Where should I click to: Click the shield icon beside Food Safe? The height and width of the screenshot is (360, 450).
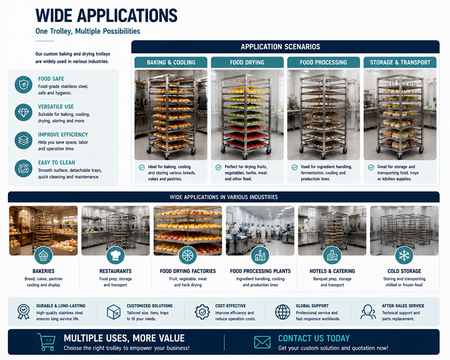coord(24,85)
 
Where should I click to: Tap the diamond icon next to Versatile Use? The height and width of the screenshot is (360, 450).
coord(24,112)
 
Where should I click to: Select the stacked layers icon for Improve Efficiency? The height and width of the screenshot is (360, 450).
coord(24,141)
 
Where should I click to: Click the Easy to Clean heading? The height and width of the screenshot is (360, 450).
coord(57,163)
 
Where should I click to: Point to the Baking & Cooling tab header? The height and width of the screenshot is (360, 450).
coord(171,62)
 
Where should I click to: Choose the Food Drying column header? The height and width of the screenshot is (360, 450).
coord(247,62)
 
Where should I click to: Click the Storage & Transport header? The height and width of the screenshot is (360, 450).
coord(400,62)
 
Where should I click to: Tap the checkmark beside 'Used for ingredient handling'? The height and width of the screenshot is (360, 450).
coord(294,168)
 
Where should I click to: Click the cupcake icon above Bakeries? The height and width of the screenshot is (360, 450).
coord(43,255)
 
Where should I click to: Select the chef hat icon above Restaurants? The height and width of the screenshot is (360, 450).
coord(115,255)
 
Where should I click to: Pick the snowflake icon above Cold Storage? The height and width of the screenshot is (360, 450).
coord(404,255)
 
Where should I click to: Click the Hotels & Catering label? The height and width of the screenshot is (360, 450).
coord(332,271)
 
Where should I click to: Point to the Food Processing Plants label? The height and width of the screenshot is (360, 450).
coord(260,271)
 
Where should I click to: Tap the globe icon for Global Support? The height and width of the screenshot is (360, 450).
coord(283,312)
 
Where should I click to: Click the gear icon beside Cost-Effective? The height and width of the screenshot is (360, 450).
coord(202,312)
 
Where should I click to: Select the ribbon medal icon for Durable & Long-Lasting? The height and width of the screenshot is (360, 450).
coord(24,312)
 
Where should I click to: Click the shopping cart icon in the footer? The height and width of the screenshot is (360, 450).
coord(47,342)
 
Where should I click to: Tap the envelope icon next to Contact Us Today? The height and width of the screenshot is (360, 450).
coord(262,342)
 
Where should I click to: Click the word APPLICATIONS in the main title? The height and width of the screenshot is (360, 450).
coord(127,16)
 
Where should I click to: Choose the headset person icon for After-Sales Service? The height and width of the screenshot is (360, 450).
coord(368,312)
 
